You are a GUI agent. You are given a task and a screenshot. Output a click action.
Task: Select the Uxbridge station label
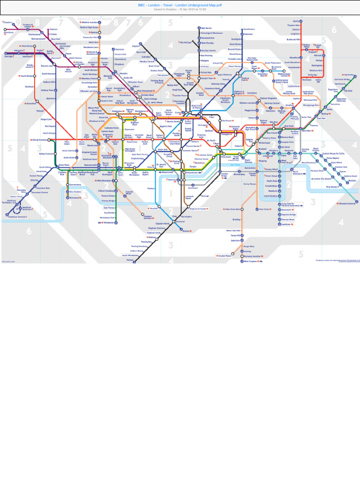(x=8, y=56)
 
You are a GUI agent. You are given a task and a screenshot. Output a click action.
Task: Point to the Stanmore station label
(x=120, y=49)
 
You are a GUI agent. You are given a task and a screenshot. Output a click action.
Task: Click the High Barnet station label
(x=206, y=28)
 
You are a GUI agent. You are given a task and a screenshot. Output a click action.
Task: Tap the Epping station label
(x=296, y=21)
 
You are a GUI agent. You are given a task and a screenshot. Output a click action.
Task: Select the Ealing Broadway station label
(x=39, y=140)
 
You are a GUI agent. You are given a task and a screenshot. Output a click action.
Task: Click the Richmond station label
(x=74, y=198)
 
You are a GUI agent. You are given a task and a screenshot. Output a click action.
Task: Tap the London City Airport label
(x=322, y=179)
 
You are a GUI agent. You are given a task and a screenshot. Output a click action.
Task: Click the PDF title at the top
(x=180, y=5)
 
